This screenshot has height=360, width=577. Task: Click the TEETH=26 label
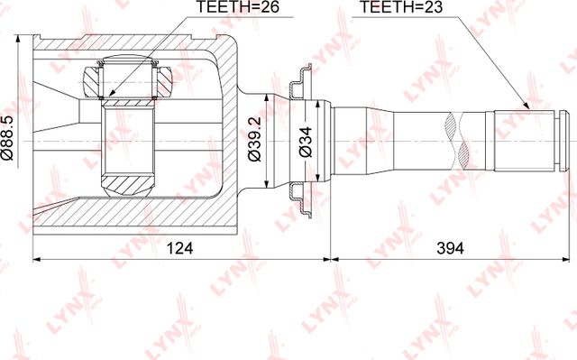coord(226,9)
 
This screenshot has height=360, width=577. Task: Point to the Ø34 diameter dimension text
coord(306,143)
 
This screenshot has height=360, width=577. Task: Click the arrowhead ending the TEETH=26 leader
coord(109,94)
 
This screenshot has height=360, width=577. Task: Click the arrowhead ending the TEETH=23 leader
coord(526,108)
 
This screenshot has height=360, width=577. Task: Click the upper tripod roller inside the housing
coord(131,80)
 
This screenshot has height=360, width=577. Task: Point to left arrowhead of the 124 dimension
coord(37,258)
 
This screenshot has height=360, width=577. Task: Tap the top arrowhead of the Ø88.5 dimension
coord(21,41)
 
